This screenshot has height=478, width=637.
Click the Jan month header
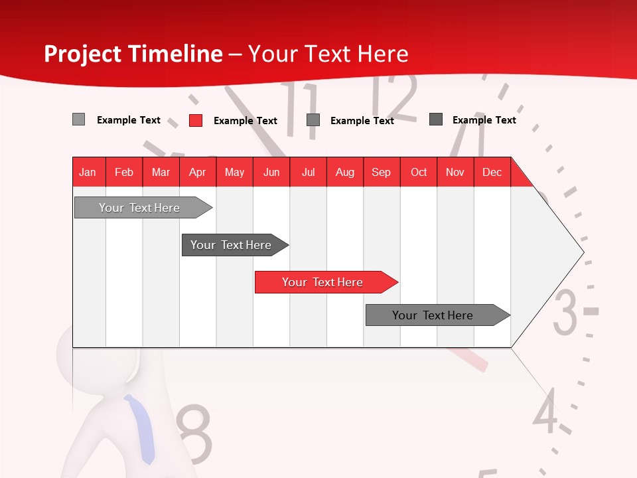(88, 173)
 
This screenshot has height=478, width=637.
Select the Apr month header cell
(198, 173)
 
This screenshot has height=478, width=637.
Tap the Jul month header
(309, 173)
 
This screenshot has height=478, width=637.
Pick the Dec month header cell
(492, 173)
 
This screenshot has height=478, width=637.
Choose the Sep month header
(381, 173)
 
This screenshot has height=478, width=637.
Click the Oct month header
(419, 173)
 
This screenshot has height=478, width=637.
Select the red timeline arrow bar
(325, 282)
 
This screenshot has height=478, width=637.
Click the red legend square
(196, 120)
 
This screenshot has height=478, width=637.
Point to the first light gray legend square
(78, 119)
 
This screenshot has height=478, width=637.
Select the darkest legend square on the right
(436, 119)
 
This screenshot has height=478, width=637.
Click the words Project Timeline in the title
(133, 54)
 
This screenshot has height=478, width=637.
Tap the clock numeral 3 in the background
(565, 312)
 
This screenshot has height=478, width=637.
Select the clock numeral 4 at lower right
(545, 412)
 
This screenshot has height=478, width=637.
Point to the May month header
(234, 173)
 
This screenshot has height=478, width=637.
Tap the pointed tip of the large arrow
(582, 252)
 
